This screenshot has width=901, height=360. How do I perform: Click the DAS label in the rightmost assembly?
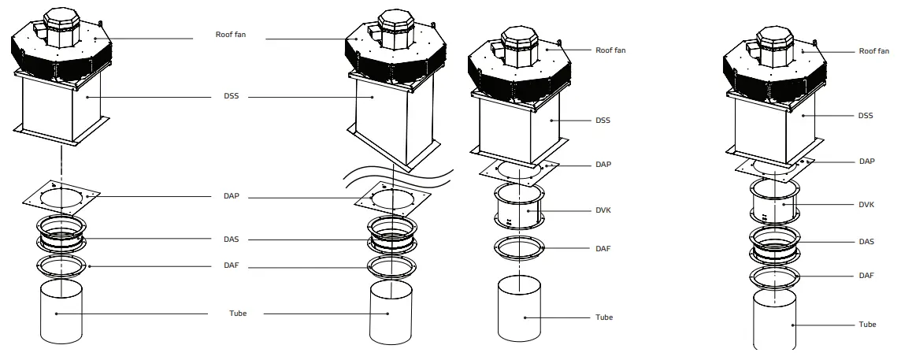pos(866,242)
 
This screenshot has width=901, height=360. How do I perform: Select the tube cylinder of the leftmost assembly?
pos(61,313)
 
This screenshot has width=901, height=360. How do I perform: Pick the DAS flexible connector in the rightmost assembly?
pos(774,243)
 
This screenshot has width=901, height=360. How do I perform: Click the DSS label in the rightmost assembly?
pos(866,115)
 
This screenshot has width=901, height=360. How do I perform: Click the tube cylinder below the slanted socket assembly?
pos(391,313)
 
